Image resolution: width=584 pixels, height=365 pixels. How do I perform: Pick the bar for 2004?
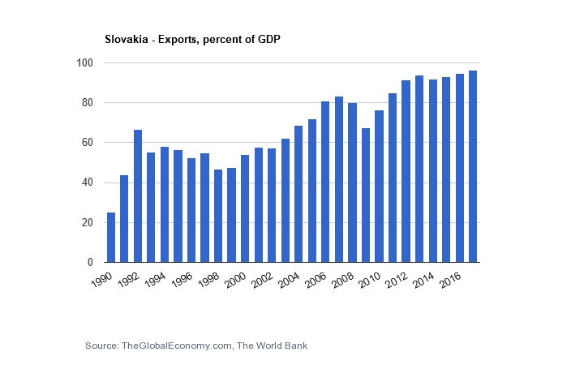coord(298,194)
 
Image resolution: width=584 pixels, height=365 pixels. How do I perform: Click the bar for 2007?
coord(339,179)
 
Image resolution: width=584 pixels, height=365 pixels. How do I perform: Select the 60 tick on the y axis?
coord(88,143)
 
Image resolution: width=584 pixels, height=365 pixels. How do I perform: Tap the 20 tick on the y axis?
coord(88,223)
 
